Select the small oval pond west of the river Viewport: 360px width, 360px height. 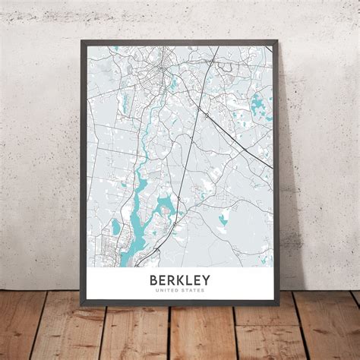[115, 226]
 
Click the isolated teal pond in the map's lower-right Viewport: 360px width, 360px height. [223, 219]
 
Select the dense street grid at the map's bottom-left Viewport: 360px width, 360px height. [106, 251]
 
